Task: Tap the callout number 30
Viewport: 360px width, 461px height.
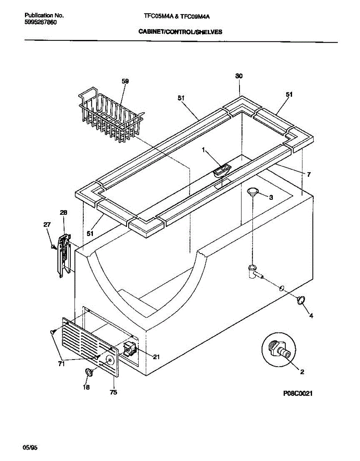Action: (x=239, y=76)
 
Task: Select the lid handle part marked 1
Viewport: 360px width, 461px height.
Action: (x=222, y=170)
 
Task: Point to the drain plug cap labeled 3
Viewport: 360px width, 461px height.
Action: (x=253, y=192)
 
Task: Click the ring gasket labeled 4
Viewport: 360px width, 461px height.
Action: (x=301, y=300)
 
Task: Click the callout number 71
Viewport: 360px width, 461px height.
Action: (x=61, y=364)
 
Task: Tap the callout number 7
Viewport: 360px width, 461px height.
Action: (x=309, y=174)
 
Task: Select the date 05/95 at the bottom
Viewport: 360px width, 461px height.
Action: (x=31, y=447)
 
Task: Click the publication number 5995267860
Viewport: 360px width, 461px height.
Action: (x=41, y=22)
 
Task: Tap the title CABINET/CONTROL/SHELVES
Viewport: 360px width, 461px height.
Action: (x=180, y=33)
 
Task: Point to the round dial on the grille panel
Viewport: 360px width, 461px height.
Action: (x=110, y=360)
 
